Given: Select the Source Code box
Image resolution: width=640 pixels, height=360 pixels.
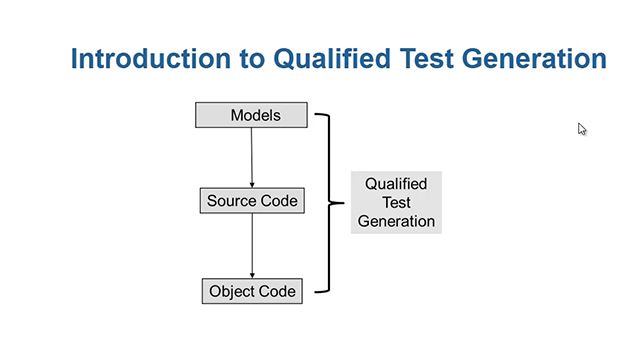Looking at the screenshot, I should (252, 201).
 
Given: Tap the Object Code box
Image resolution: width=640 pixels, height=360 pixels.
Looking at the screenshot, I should (252, 292).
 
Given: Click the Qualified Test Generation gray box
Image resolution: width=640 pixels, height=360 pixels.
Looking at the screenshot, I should (396, 203).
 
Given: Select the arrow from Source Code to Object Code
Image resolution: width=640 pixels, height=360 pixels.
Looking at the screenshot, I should (252, 246).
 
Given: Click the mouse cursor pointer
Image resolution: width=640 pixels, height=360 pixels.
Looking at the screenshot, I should (581, 128).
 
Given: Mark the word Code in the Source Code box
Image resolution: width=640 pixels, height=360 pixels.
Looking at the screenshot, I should (279, 201).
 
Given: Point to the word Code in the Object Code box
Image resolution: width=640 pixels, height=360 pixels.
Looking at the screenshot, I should (278, 292).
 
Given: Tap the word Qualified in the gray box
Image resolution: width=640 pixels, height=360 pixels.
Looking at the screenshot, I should (396, 185).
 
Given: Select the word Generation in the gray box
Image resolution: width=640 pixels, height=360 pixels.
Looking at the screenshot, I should (396, 221).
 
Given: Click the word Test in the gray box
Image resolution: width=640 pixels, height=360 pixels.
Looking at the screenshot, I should (396, 203).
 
